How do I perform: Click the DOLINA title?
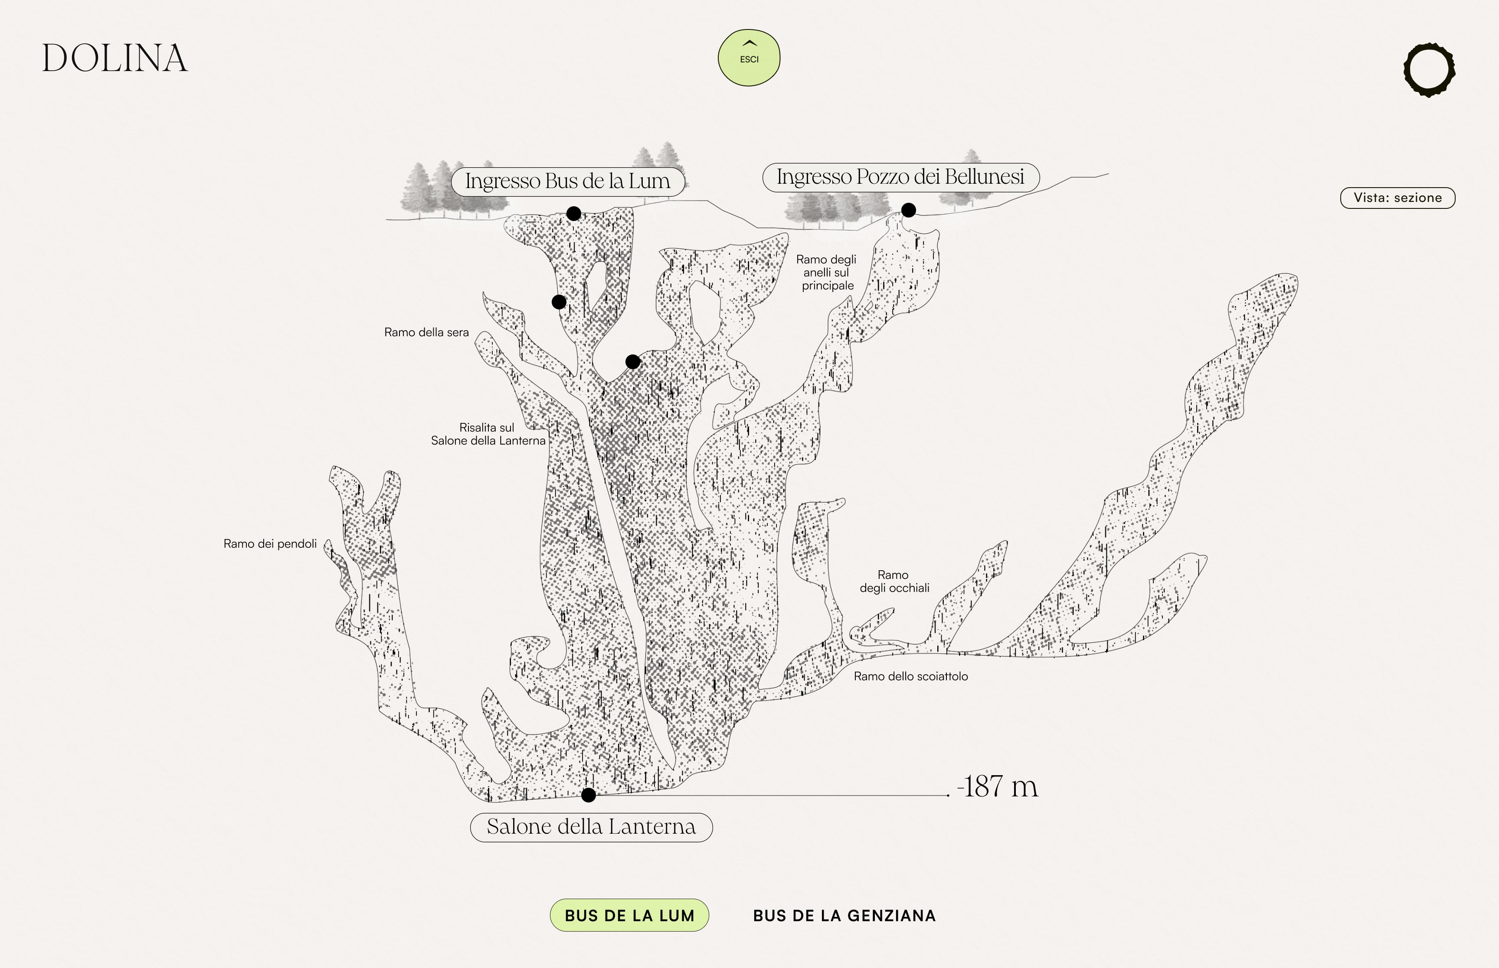click(x=115, y=58)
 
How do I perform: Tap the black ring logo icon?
click(x=1429, y=70)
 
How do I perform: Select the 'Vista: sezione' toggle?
click(x=1397, y=198)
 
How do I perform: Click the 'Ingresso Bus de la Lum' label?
click(x=567, y=182)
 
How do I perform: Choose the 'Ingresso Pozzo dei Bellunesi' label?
click(x=900, y=177)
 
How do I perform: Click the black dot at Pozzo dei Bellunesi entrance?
click(x=908, y=210)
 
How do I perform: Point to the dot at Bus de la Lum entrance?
click(x=573, y=214)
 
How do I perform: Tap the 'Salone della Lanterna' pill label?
click(x=591, y=827)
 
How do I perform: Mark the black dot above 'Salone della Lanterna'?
click(x=588, y=795)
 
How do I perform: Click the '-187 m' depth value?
click(x=997, y=786)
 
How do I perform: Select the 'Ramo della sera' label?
click(x=426, y=332)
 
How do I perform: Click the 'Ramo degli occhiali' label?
click(x=894, y=581)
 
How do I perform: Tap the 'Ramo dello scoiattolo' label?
click(x=910, y=676)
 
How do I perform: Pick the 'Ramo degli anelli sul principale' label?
click(x=827, y=272)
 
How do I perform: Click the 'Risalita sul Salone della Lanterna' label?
click(x=488, y=434)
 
